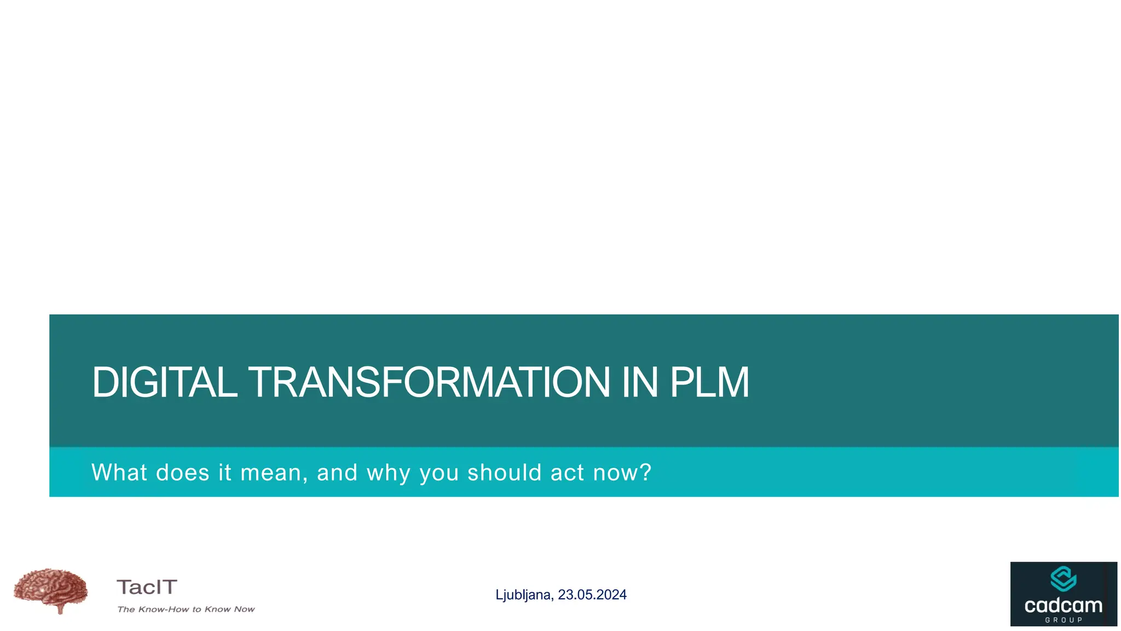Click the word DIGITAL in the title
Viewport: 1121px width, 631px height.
pos(164,382)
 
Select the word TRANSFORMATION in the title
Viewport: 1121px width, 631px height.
pos(429,382)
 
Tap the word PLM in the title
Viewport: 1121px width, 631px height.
pos(709,382)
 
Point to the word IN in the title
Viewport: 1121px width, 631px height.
pos(639,382)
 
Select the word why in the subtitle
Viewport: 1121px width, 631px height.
pos(388,473)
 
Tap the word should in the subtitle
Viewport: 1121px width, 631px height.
pos(504,472)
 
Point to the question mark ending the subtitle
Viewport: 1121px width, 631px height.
pos(646,472)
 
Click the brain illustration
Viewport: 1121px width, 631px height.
pos(51,590)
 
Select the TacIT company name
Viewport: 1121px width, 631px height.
pos(147,587)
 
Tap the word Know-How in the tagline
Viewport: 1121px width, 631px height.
pos(163,609)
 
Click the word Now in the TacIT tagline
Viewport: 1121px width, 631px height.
pos(244,609)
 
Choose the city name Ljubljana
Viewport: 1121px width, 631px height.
pos(524,595)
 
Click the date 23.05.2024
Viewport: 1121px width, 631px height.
pos(592,595)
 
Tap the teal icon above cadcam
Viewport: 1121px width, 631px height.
pos(1063,579)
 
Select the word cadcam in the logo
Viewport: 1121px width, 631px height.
pos(1063,606)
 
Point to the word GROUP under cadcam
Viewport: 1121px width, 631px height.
pos(1064,620)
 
